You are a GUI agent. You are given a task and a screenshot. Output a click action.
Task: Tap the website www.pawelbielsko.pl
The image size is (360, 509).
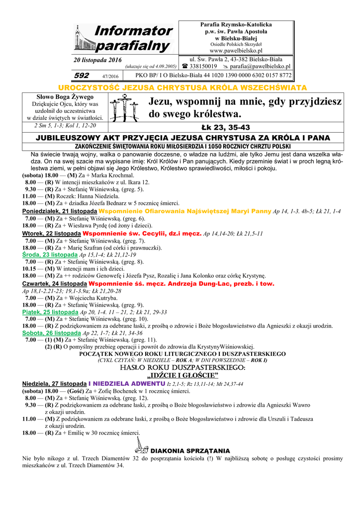[x=236, y=51]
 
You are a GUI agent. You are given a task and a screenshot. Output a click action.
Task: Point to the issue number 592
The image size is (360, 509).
[x=81, y=76]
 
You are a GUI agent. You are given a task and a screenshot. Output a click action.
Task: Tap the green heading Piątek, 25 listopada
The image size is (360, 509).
[x=47, y=312]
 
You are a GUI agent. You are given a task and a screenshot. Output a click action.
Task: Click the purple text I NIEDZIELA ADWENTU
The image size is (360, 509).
[x=126, y=384]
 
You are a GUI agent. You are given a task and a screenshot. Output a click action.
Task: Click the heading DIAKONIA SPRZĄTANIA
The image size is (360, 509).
[x=190, y=450]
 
